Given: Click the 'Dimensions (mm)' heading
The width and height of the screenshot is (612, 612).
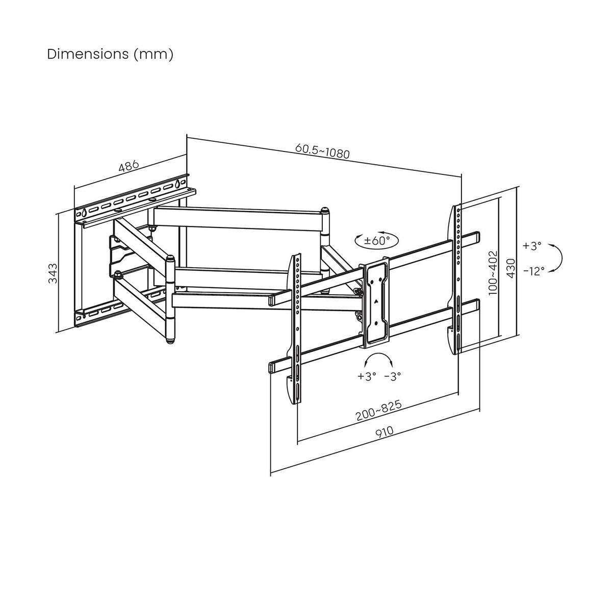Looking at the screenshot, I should coord(110,54).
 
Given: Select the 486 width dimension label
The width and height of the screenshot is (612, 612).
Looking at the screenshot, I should coord(129,167).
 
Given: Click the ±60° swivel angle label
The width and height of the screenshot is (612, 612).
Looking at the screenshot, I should coord(376,241).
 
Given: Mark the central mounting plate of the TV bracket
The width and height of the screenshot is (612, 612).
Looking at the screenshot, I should coord(375,303).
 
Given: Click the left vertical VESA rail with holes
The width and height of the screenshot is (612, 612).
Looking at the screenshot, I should coord(296,326).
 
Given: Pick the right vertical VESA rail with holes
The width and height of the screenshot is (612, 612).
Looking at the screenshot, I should coord(457,275).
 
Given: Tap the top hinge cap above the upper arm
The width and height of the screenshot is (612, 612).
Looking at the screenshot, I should coord(324,209).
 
